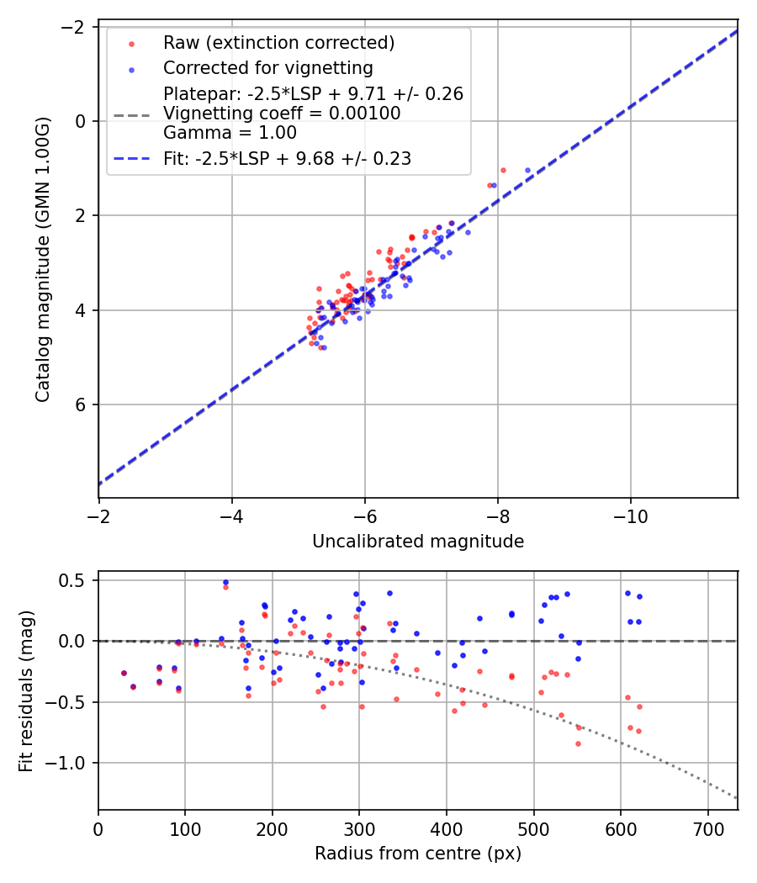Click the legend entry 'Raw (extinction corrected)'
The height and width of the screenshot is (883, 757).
coord(278,43)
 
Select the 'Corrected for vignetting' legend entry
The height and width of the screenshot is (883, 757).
coord(267,67)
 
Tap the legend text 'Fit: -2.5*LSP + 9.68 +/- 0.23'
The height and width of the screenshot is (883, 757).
coord(287,158)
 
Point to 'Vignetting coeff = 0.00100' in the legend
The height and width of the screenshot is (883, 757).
coord(282,114)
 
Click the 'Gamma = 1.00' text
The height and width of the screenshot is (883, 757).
coord(230,132)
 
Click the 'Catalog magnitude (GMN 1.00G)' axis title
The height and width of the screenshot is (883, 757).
coord(43,259)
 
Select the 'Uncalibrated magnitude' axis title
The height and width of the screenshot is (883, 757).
coord(418,542)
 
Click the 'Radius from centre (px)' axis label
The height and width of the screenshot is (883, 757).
coord(418,854)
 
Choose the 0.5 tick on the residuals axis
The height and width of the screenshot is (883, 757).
coord(76,580)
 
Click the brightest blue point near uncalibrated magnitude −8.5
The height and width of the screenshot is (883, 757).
coord(528,170)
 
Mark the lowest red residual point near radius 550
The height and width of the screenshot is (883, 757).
coord(578,743)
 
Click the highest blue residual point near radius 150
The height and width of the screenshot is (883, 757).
coord(225,582)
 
